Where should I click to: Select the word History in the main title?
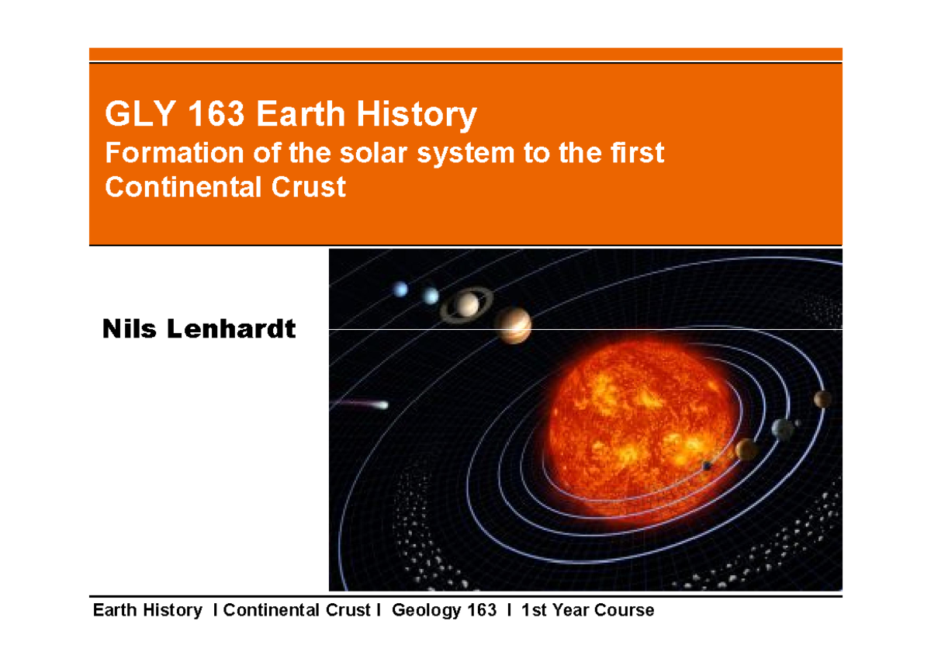pyautogui.click(x=417, y=116)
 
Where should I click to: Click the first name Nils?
pyautogui.click(x=128, y=329)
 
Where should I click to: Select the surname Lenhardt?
pyautogui.click(x=230, y=329)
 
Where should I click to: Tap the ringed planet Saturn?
pyautogui.click(x=469, y=304)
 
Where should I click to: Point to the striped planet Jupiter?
pyautogui.click(x=512, y=324)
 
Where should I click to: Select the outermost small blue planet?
pyautogui.click(x=400, y=289)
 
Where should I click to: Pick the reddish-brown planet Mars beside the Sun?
pyautogui.click(x=822, y=399)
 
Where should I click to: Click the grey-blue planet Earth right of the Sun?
pyautogui.click(x=783, y=428)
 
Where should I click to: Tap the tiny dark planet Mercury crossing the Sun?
pyautogui.click(x=708, y=465)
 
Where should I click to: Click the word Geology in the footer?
pyautogui.click(x=425, y=610)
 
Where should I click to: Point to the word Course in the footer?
pyautogui.click(x=625, y=610)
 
